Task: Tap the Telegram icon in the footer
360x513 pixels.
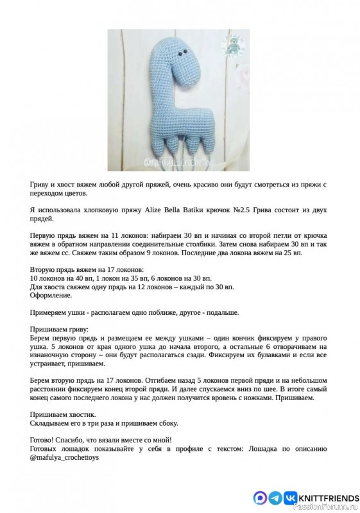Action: [275, 497]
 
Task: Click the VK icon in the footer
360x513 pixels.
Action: [290, 497]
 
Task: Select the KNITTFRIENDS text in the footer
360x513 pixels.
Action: [323, 497]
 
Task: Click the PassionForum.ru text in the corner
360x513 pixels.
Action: [333, 508]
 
